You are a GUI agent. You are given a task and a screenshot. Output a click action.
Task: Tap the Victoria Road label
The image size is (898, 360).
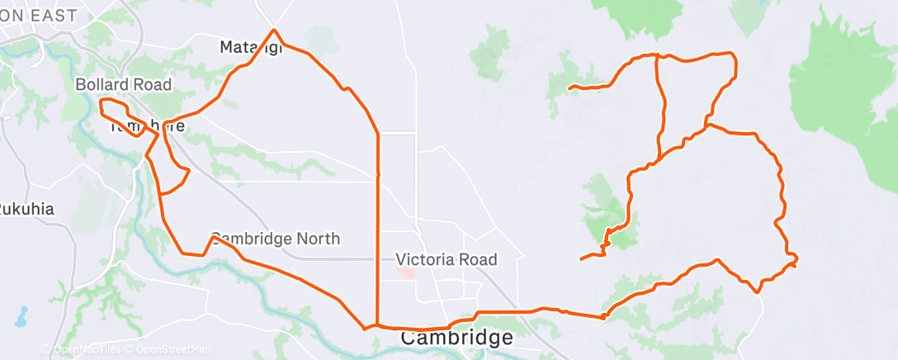click(458, 259)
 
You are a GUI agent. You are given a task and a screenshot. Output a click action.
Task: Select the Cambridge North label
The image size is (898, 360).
click(275, 239)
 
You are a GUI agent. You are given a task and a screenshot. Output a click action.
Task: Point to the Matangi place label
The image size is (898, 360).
click(251, 47)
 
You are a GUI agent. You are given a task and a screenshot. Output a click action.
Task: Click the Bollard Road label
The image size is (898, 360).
click(123, 84)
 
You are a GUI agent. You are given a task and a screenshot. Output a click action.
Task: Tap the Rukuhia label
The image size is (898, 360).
click(26, 208)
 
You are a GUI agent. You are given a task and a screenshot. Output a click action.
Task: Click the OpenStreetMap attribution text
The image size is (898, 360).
click(165, 350)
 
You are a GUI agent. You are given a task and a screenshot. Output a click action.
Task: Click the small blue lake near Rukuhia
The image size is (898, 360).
click(20, 316)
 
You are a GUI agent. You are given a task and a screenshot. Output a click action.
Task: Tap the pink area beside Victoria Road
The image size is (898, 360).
click(405, 272)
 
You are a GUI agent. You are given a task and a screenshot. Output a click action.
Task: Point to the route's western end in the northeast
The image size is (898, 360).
click(570, 87)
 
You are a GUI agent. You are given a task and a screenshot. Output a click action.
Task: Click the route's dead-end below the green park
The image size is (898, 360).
click(582, 259)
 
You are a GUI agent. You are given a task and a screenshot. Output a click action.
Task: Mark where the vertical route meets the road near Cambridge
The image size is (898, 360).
click(377, 325)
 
